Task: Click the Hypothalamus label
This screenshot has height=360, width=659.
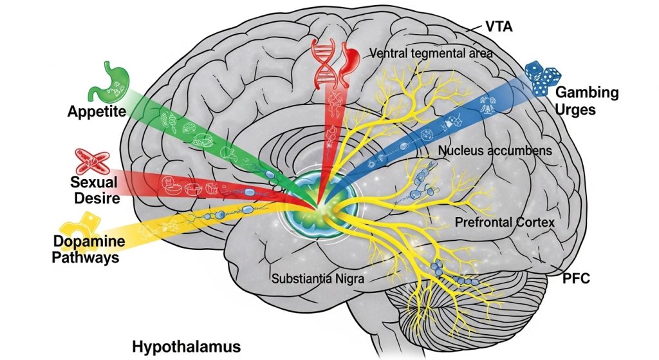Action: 186,346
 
